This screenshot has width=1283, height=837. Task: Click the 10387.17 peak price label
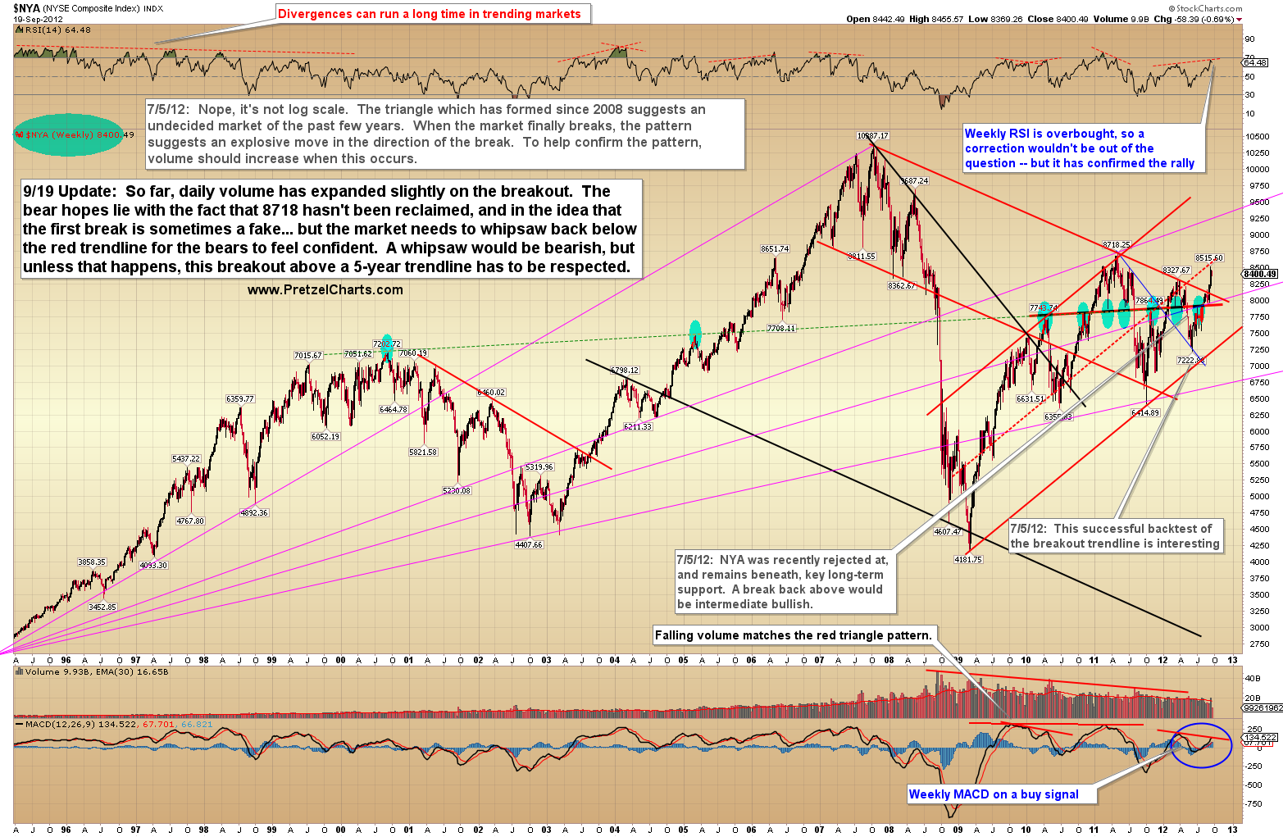point(872,135)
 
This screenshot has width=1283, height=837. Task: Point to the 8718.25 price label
point(1116,244)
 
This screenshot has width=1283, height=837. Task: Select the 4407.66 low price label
point(529,544)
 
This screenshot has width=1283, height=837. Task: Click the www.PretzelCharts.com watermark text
point(325,289)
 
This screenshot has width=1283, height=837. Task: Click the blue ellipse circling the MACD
point(1201,744)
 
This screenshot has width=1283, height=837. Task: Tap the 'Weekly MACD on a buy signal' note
point(994,794)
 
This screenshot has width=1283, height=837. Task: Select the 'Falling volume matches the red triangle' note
point(793,635)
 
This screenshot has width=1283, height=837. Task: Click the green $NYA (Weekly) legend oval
point(67,134)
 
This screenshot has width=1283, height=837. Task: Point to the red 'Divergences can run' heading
point(429,14)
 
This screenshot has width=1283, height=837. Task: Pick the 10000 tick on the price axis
point(1257,169)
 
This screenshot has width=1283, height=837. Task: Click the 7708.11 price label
point(781,328)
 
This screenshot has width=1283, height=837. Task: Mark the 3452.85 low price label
point(102,607)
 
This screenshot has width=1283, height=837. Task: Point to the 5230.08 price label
point(457,490)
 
